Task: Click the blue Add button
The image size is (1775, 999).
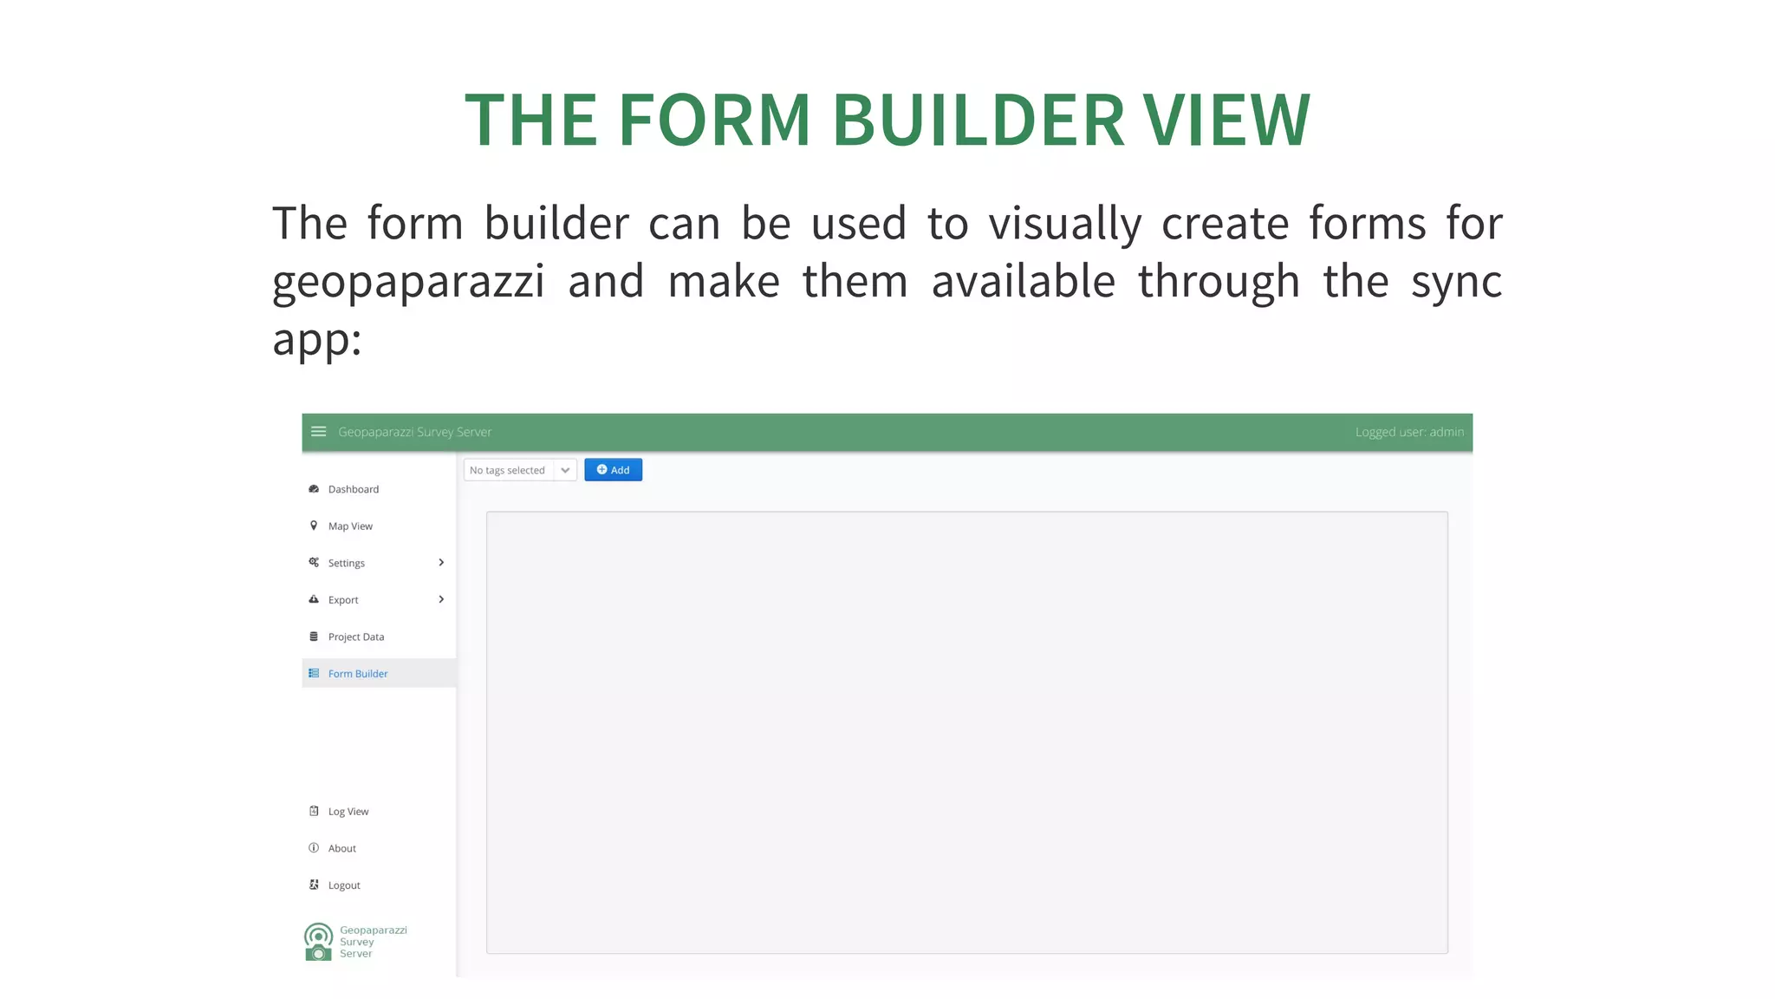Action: coord(613,470)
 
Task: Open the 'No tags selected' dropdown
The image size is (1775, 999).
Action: coord(520,470)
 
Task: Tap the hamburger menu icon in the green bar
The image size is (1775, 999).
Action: coord(318,432)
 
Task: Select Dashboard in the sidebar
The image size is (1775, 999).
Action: coord(354,489)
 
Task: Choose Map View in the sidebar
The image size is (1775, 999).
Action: coord(350,526)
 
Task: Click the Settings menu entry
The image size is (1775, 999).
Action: coord(347,563)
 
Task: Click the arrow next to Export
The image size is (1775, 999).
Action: coord(441,599)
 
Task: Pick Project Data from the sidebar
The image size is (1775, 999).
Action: coord(355,637)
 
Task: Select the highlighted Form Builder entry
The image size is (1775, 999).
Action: coord(357,674)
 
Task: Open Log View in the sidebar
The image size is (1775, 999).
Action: coord(348,812)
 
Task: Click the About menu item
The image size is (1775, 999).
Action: coord(341,848)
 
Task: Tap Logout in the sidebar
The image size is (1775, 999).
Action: coord(344,885)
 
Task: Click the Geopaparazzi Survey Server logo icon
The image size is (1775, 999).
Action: coord(318,942)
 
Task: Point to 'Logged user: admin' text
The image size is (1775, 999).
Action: coord(1409,432)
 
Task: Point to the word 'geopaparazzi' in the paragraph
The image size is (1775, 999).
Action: coord(408,283)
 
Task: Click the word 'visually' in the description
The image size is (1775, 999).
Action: coord(1065,225)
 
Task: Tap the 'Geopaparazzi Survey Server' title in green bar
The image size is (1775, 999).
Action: coord(414,432)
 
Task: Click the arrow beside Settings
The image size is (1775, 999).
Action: coord(441,563)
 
